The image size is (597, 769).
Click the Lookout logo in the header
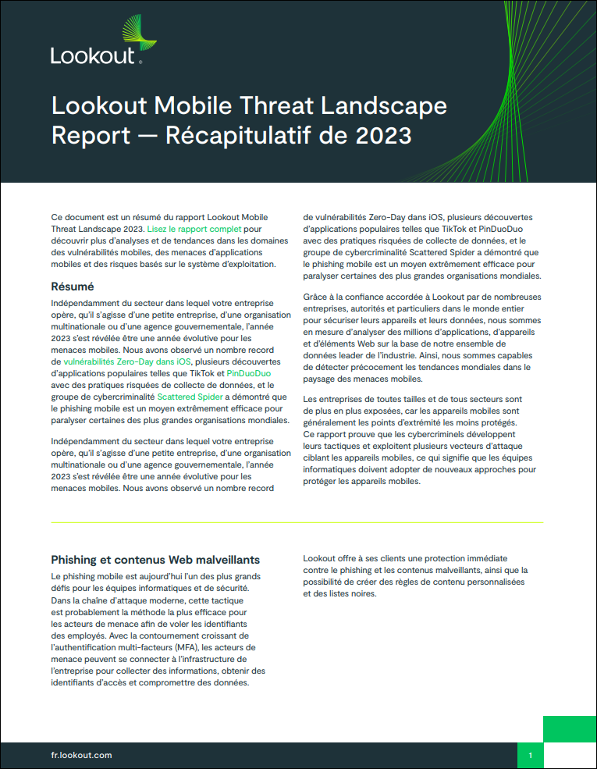coord(94,44)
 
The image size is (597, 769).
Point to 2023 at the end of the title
coord(383,135)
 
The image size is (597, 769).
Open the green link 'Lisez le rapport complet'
coord(194,229)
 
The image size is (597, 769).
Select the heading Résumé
coord(73,287)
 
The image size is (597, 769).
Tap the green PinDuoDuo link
coord(249,374)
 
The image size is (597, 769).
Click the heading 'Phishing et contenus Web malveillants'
coord(155,560)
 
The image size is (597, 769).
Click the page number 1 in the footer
coord(531,755)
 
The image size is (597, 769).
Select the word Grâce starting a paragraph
coord(316,297)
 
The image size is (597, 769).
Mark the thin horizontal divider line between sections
coord(297,522)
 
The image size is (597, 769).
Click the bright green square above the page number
coord(569,729)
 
